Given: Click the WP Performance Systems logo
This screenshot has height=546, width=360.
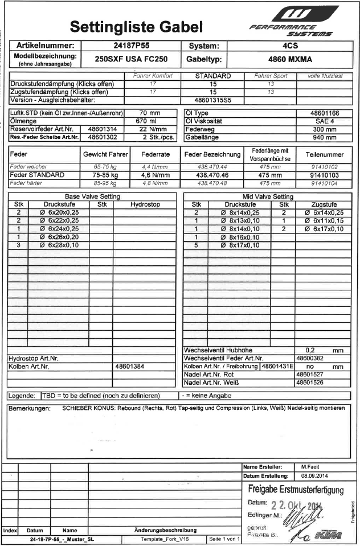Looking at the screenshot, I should point(294,22).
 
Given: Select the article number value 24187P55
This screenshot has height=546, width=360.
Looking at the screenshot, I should point(131,45).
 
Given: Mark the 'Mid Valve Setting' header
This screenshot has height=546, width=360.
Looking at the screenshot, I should point(267,196).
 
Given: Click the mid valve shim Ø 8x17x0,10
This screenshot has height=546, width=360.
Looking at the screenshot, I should point(240,245).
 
